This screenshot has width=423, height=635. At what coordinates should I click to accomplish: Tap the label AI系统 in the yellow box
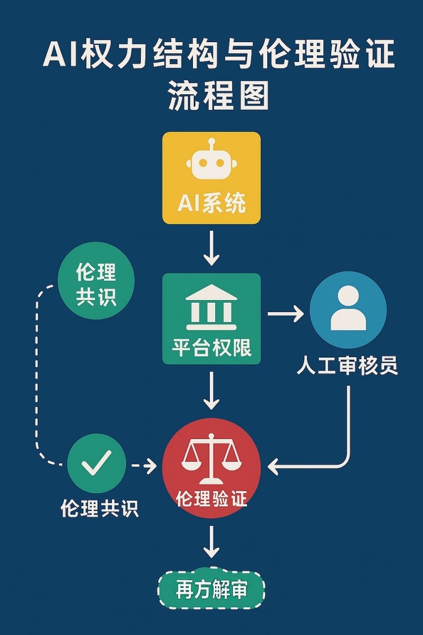click(211, 203)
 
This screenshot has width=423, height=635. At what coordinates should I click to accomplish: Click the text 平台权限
click(211, 348)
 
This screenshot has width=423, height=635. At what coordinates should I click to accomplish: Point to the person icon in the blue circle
click(348, 309)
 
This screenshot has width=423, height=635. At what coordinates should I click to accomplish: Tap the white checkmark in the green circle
click(96, 463)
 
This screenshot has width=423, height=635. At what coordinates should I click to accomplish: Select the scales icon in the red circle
click(211, 458)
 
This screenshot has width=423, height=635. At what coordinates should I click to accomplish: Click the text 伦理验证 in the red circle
click(211, 499)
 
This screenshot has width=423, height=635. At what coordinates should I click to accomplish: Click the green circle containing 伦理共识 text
click(96, 281)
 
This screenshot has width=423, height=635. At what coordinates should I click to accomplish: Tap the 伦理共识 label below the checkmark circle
click(99, 508)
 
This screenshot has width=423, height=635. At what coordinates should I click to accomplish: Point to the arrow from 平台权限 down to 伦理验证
click(211, 390)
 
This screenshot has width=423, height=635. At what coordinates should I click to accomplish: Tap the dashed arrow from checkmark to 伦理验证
click(144, 466)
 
